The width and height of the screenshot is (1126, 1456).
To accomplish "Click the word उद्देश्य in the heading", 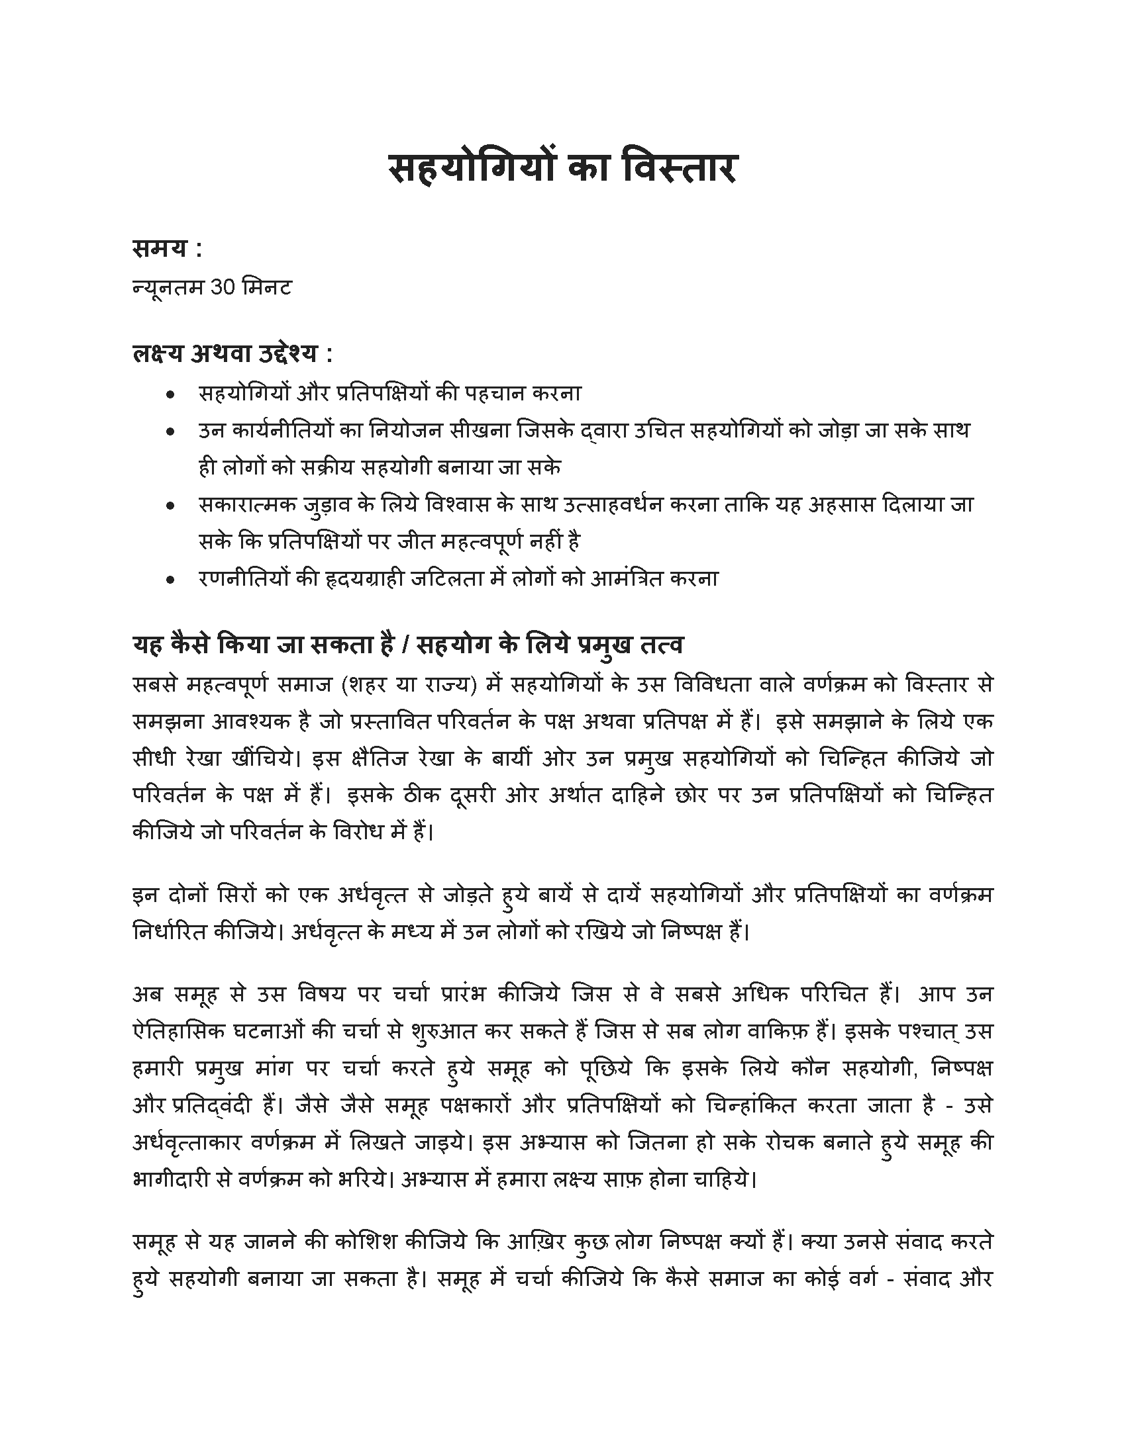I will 283,354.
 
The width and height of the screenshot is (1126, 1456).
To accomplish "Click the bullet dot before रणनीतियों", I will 171,580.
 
